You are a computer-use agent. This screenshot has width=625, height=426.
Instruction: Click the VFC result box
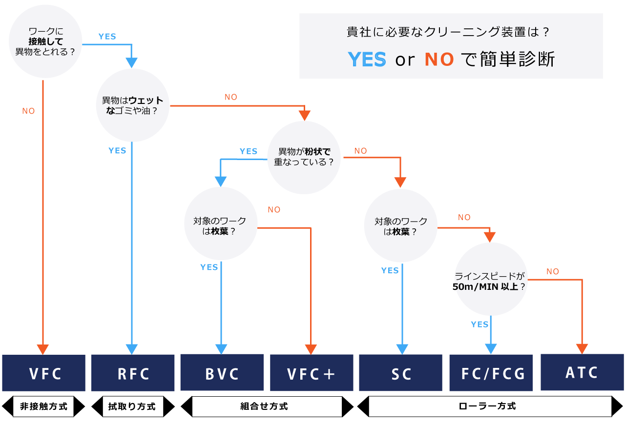pyautogui.click(x=44, y=373)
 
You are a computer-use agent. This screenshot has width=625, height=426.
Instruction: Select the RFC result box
pyautogui.click(x=133, y=373)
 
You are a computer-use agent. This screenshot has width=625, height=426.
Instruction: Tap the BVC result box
pyautogui.click(x=222, y=373)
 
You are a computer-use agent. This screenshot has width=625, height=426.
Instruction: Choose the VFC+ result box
pyautogui.click(x=311, y=373)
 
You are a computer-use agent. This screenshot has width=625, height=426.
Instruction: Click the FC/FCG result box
pyautogui.click(x=491, y=373)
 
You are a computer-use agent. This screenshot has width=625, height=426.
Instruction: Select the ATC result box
pyautogui.click(x=582, y=372)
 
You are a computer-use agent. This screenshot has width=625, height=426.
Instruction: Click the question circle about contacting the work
pyautogui.click(x=45, y=41)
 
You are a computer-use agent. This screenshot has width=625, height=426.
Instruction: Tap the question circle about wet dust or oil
pyautogui.click(x=133, y=105)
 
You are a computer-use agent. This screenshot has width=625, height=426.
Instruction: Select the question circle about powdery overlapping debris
pyautogui.click(x=304, y=157)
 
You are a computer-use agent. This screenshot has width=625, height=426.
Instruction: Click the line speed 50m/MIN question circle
pyautogui.click(x=491, y=281)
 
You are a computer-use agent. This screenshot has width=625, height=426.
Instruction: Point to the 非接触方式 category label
pyautogui.click(x=43, y=406)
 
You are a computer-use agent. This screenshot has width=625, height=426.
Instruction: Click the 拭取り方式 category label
pyautogui.click(x=133, y=406)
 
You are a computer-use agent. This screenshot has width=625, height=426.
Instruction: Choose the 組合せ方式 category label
pyautogui.click(x=267, y=406)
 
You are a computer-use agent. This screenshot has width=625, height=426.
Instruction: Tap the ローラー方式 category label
pyautogui.click(x=491, y=406)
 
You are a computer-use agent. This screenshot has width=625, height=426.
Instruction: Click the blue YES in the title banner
pyautogui.click(x=367, y=59)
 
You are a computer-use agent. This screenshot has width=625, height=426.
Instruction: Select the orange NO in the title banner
pyautogui.click(x=439, y=59)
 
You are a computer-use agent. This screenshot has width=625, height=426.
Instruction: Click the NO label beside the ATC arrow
pyautogui.click(x=553, y=271)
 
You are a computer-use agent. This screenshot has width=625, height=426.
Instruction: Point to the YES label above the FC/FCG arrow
pyautogui.click(x=479, y=325)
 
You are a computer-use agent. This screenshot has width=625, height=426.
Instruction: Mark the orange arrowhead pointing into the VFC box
pyautogui.click(x=43, y=349)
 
